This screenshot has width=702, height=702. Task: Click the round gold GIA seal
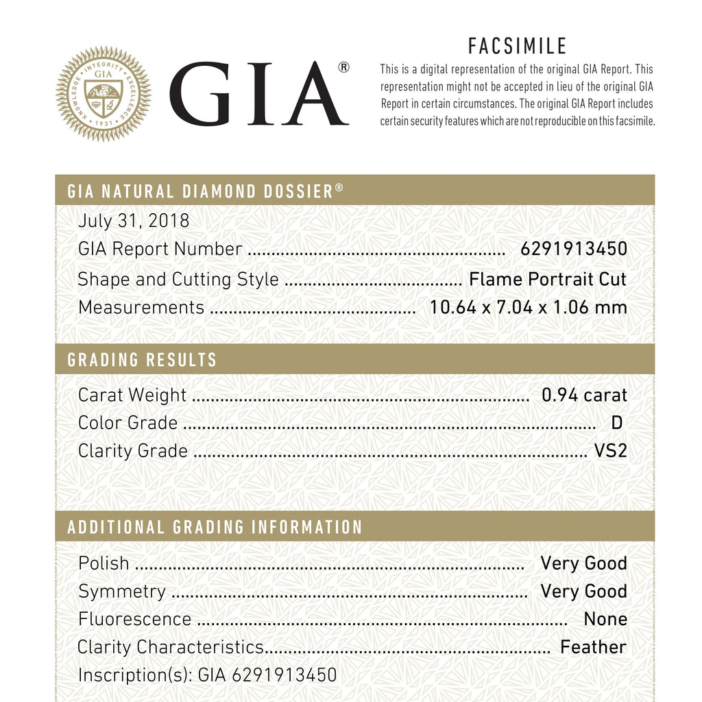104,94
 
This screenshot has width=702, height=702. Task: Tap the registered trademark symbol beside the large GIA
343,67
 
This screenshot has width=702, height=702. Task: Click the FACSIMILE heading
518,46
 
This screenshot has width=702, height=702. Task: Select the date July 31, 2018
134,221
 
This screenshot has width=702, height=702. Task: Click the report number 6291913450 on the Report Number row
574,249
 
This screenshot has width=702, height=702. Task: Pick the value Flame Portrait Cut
548,279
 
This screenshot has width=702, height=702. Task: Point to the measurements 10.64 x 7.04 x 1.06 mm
528,307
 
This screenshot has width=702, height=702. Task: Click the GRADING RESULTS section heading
142,360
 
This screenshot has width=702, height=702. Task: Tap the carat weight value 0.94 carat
584,395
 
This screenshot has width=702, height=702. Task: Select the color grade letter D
616,423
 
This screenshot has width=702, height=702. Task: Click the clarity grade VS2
611,451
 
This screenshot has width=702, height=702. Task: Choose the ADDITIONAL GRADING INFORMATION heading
215,527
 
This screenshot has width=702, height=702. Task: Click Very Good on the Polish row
583,564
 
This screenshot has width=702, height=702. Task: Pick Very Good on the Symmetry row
583,591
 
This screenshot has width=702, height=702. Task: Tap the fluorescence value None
605,619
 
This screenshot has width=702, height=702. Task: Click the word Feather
593,647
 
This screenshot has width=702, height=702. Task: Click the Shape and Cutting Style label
178,279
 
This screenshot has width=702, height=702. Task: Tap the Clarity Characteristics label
171,647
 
